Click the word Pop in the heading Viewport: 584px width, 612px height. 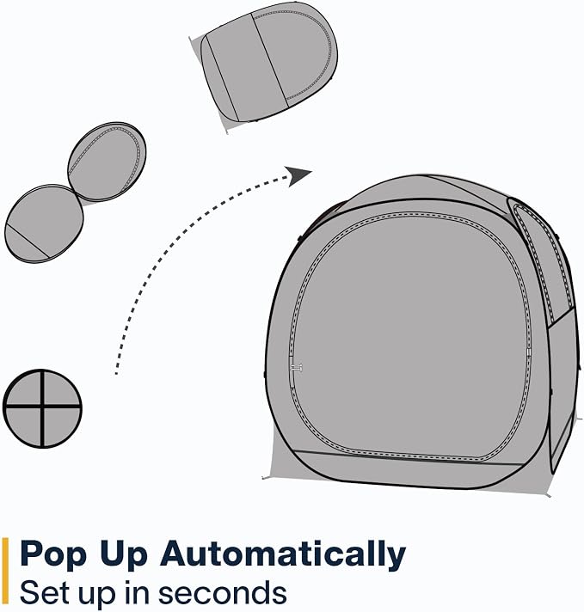(x=52, y=554)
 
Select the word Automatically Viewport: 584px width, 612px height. (x=283, y=554)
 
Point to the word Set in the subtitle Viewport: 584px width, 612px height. (x=46, y=592)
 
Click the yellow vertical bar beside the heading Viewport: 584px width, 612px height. (x=5, y=571)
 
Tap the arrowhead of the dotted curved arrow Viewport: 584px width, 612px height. (x=298, y=176)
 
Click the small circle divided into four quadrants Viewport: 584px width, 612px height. (x=42, y=408)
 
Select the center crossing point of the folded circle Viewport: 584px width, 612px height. (x=42, y=407)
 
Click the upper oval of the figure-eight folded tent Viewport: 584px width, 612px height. (x=107, y=162)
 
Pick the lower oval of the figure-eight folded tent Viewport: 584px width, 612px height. (x=44, y=223)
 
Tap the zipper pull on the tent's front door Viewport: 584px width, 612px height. (x=297, y=368)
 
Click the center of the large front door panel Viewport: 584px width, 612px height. (x=409, y=336)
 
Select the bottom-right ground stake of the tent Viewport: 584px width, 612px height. (x=548, y=495)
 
